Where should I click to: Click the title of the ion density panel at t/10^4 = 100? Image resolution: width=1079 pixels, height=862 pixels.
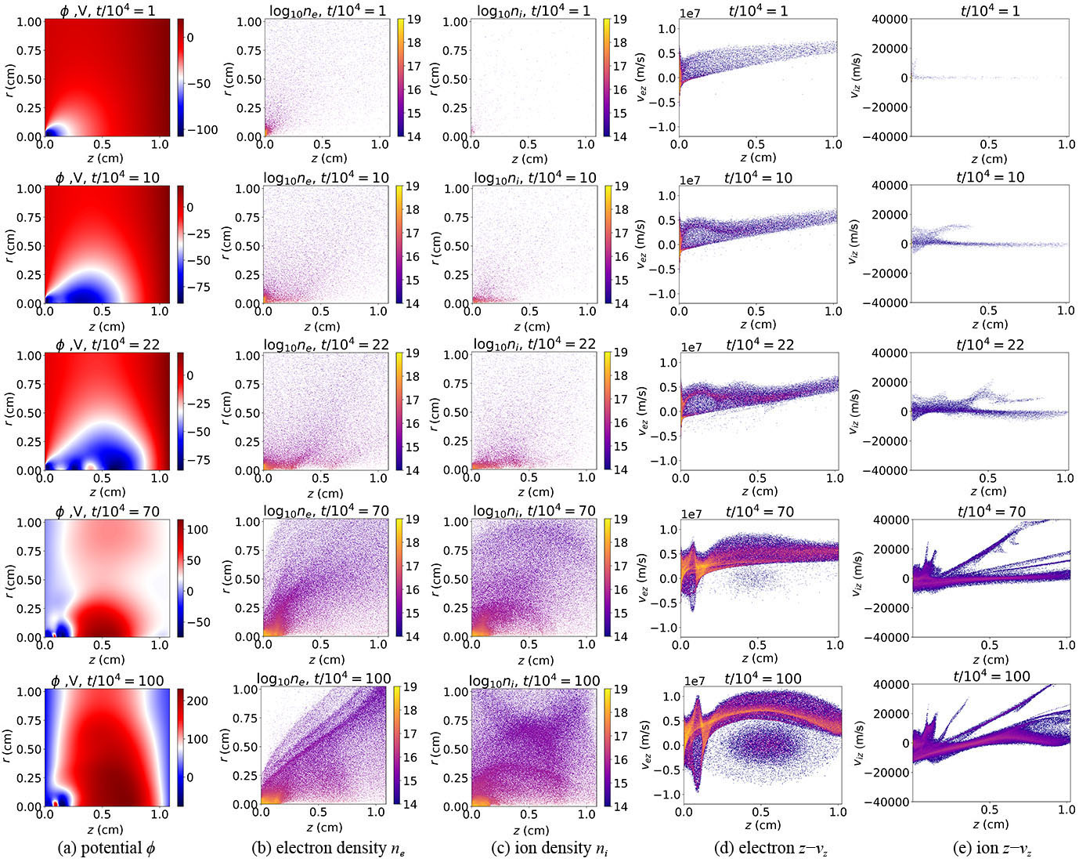click(534, 679)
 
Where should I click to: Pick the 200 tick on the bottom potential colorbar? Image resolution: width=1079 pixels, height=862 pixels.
click(198, 701)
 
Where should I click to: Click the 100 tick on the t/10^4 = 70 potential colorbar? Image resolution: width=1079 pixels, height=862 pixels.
click(198, 530)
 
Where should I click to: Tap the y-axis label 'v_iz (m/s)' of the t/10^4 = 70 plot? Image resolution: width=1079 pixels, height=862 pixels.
click(857, 578)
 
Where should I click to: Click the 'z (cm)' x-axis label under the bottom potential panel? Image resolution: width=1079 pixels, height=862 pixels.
click(105, 829)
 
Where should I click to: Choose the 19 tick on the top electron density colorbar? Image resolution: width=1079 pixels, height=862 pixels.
click(413, 20)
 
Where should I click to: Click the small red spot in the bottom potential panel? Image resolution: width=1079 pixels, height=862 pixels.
click(55, 803)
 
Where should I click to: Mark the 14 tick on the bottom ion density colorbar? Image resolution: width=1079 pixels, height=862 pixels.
click(620, 805)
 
